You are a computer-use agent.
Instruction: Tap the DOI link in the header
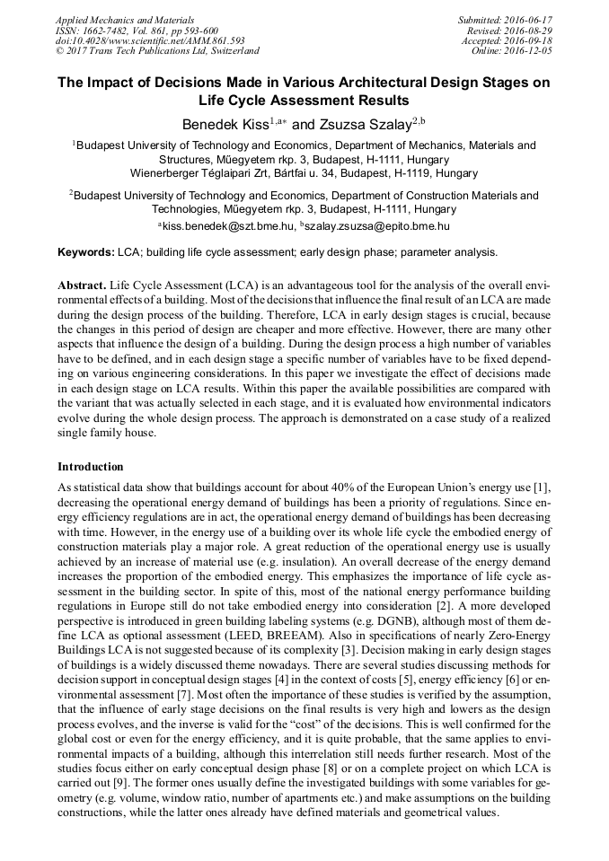coord(150,40)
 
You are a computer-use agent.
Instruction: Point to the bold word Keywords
coord(85,252)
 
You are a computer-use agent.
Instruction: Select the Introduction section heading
coord(91,467)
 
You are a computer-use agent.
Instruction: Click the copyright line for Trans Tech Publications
coord(157,51)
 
